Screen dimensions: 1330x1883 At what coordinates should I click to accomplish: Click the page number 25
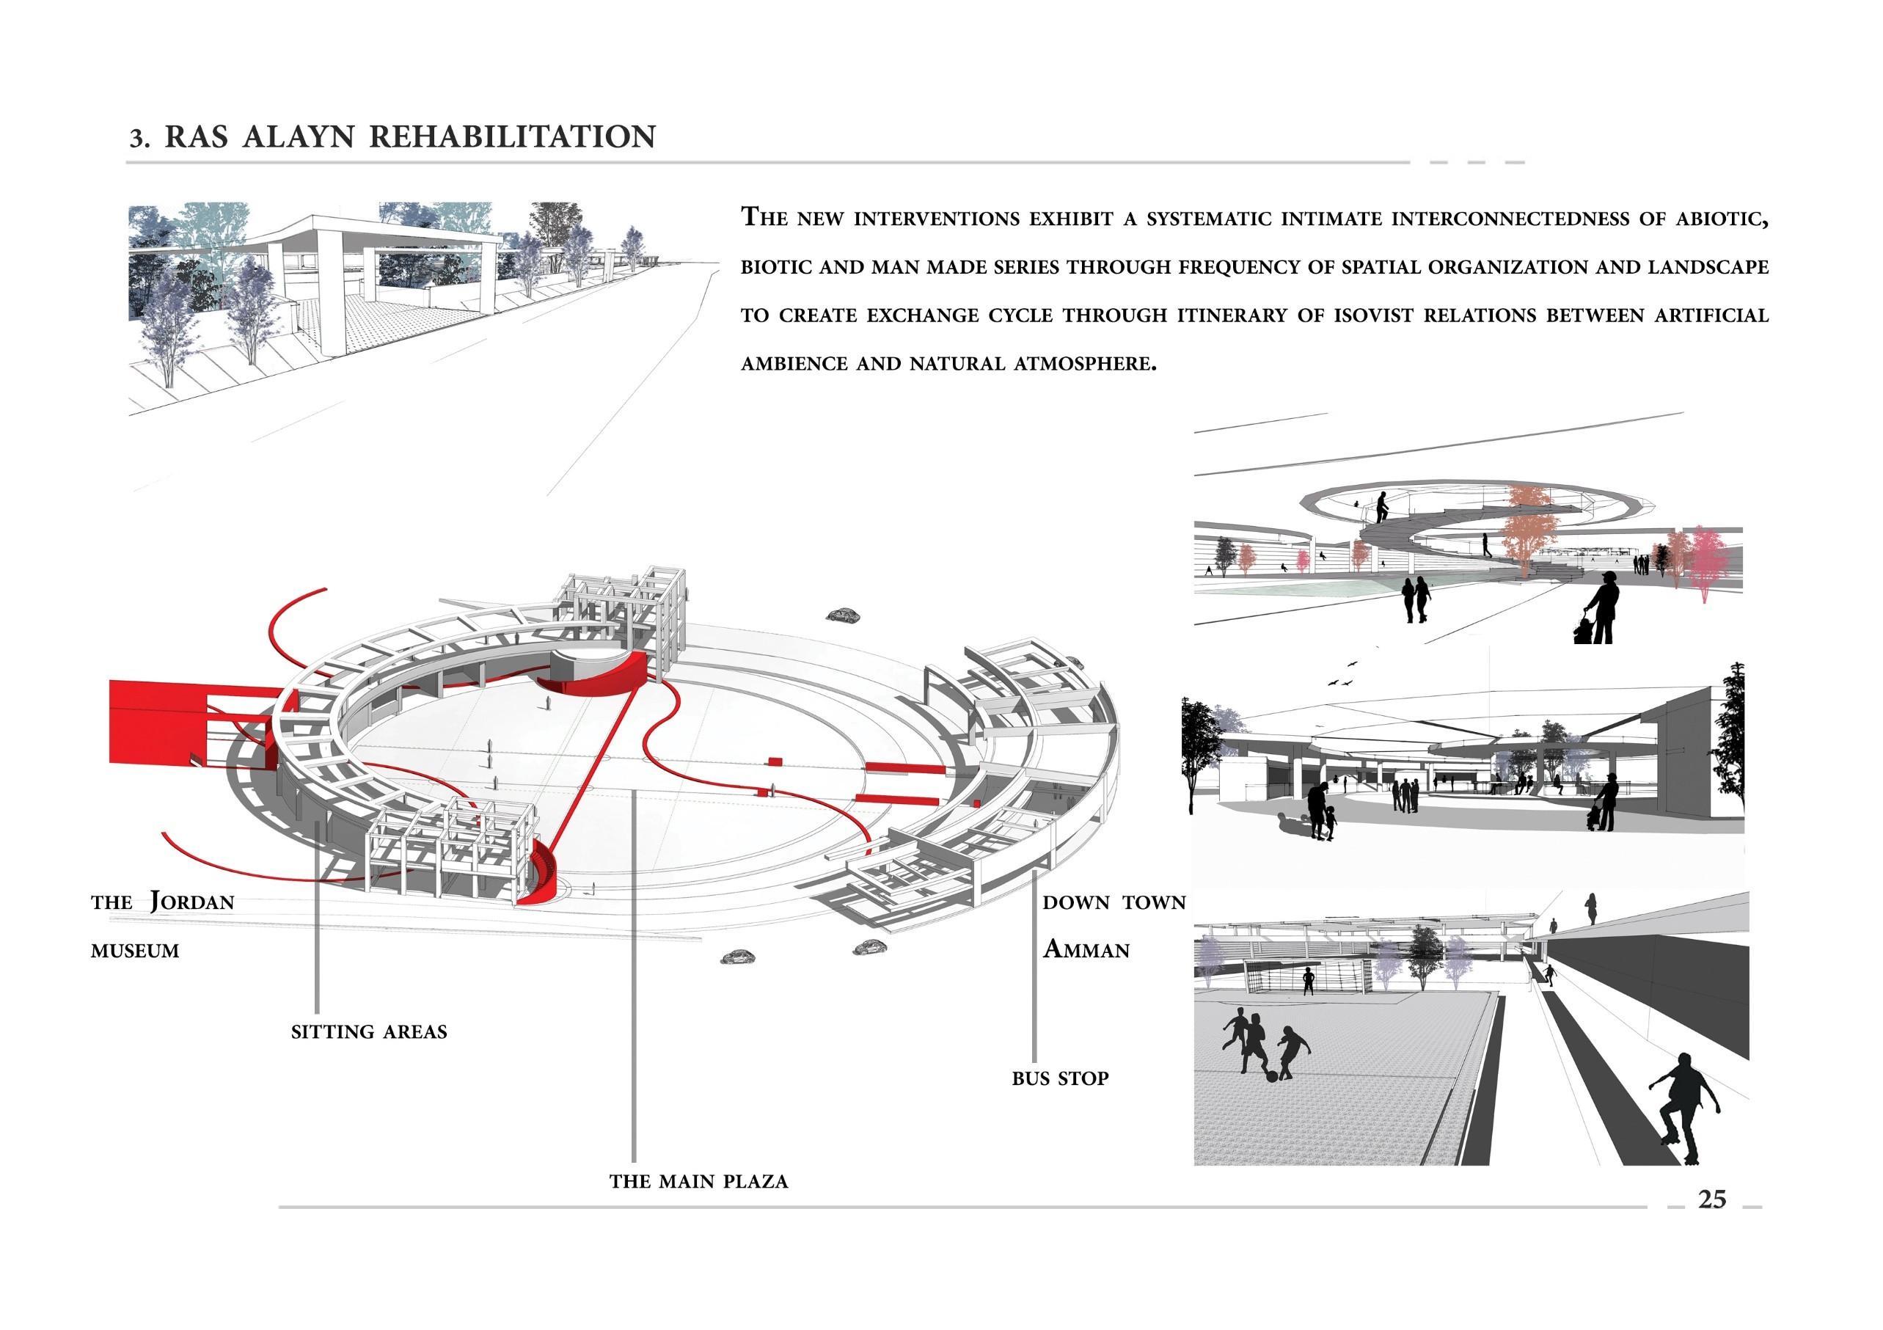point(1712,1199)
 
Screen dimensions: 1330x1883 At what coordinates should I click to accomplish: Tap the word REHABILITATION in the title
point(513,137)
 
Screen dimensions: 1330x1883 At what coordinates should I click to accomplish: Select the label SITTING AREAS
point(369,1031)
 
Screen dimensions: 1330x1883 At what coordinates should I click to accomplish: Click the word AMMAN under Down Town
point(1086,949)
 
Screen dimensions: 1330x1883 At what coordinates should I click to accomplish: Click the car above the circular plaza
point(840,615)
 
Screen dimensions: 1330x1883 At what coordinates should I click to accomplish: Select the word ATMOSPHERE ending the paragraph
point(1084,364)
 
